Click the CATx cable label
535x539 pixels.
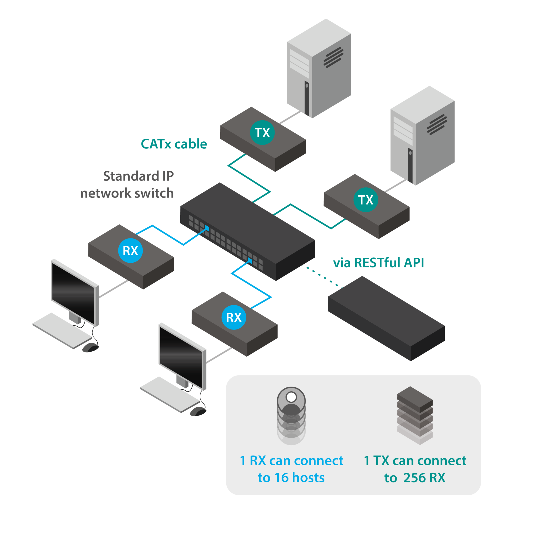[x=174, y=144]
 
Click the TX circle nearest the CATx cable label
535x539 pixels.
[x=262, y=133]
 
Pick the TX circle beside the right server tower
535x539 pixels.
[x=366, y=200]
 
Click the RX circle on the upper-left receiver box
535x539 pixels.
[x=131, y=251]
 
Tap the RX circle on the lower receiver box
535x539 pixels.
[x=234, y=317]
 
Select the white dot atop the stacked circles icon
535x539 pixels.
[x=291, y=397]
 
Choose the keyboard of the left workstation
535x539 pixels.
[x=62, y=331]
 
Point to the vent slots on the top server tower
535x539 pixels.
[x=333, y=57]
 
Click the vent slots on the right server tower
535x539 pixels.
[x=437, y=124]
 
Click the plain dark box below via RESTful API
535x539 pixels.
[x=386, y=318]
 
